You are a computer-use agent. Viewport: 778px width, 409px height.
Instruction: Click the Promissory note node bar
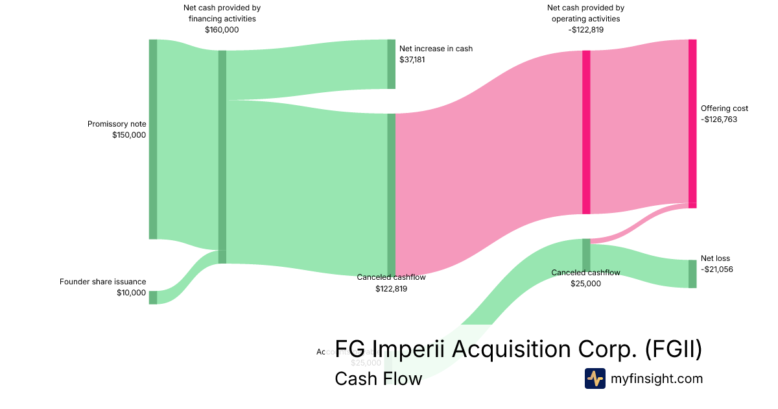click(153, 139)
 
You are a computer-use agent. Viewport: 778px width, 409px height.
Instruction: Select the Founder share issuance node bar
click(153, 297)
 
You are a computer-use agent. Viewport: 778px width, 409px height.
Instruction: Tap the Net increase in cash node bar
click(391, 64)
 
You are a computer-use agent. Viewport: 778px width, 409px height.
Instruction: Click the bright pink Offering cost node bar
click(692, 123)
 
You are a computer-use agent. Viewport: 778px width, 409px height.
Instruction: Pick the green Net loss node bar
click(692, 273)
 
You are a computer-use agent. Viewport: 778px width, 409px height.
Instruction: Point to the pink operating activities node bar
click(586, 132)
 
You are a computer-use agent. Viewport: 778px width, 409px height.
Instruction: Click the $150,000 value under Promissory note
click(129, 135)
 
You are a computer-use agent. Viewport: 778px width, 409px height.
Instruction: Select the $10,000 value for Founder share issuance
click(132, 293)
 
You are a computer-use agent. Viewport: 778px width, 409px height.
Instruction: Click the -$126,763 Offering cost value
click(719, 119)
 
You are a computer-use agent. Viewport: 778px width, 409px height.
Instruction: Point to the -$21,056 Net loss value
click(717, 269)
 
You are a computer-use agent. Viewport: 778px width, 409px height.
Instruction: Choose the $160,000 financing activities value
click(222, 30)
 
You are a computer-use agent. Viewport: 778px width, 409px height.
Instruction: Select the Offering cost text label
click(724, 108)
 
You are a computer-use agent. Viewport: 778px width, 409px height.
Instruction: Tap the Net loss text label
click(715, 258)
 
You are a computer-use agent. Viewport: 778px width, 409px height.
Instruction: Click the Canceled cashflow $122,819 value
click(391, 288)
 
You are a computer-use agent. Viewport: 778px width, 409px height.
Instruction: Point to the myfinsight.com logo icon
click(595, 378)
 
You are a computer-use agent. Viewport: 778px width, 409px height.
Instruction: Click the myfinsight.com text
click(657, 378)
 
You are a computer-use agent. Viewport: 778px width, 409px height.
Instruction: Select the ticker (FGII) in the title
click(674, 349)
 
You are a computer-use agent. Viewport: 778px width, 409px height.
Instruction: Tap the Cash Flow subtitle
click(378, 378)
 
